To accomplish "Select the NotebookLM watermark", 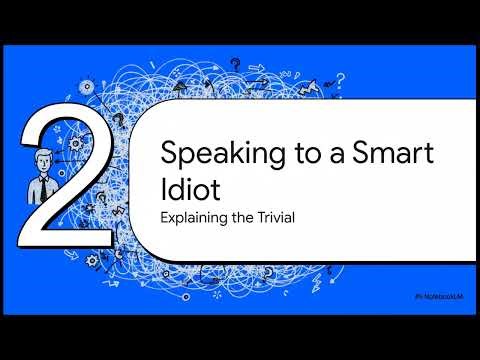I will [x=444, y=298].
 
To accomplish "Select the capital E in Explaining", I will [x=164, y=216].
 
